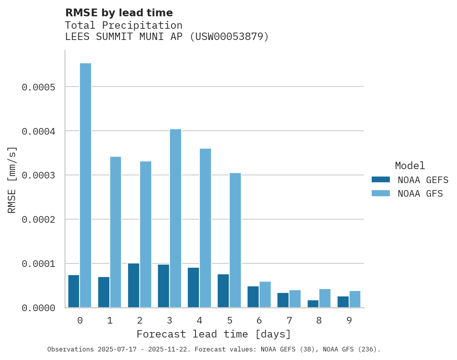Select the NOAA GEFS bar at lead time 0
74,291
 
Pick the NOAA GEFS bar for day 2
133,286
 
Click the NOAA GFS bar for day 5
235,240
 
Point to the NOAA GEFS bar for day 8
313,304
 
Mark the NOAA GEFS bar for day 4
193,287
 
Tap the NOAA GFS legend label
420,194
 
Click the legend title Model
410,166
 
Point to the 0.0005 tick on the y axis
38,87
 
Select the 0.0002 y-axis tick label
38,220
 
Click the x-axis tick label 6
259,321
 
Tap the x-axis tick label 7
289,321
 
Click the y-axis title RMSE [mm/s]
12,180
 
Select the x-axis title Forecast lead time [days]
214,334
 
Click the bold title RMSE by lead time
119,13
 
